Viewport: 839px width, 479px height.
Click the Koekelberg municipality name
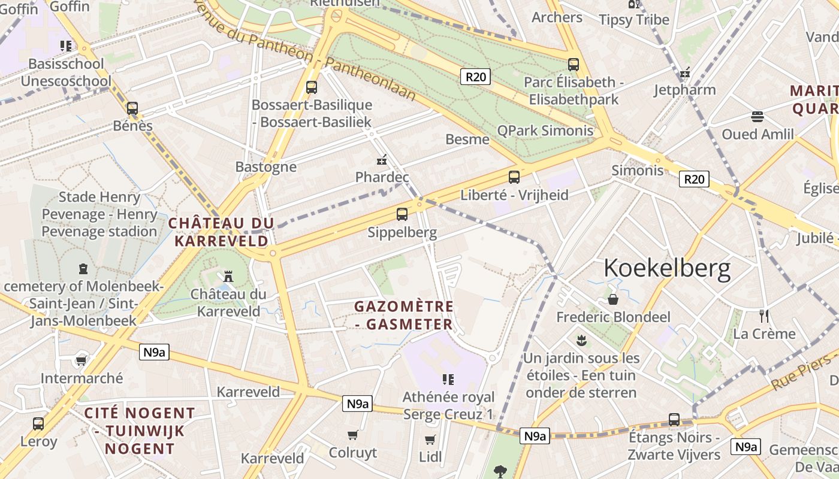click(667, 269)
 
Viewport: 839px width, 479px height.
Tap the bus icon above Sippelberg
click(402, 214)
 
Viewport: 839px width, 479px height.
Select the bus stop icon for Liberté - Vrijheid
click(514, 177)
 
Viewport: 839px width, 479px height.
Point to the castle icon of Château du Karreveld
click(228, 276)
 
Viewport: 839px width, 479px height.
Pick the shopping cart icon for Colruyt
click(353, 435)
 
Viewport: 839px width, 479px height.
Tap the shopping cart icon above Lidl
click(430, 440)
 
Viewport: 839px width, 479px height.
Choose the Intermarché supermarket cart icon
click(81, 360)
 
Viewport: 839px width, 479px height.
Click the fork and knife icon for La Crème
click(763, 316)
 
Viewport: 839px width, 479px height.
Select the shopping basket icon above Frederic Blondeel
click(613, 299)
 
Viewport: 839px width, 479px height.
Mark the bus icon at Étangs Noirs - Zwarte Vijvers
click(674, 420)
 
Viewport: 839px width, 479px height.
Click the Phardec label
click(382, 177)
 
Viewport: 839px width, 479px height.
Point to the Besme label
click(467, 140)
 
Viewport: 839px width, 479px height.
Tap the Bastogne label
click(265, 166)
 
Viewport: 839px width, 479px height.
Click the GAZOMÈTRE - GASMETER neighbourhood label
click(403, 315)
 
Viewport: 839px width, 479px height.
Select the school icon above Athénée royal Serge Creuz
click(448, 379)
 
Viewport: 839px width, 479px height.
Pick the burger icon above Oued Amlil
click(757, 116)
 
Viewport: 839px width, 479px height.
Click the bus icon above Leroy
click(38, 423)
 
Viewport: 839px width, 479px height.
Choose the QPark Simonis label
click(545, 131)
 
